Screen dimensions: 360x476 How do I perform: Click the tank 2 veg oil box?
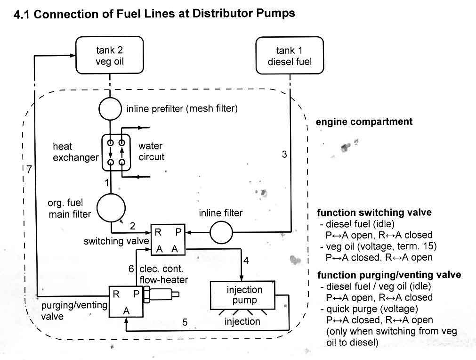click(x=110, y=56)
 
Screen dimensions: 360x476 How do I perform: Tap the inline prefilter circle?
click(x=110, y=109)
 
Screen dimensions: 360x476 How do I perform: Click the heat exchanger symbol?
click(x=116, y=152)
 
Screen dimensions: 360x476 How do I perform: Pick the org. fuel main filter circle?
click(x=111, y=208)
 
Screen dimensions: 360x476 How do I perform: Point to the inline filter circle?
click(x=220, y=232)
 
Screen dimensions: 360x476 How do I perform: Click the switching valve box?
click(x=167, y=240)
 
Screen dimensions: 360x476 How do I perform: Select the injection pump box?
click(x=244, y=295)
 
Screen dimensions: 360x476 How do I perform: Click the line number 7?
click(x=29, y=170)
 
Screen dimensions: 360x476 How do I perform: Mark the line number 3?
click(x=284, y=154)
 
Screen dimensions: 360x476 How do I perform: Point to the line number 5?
click(x=185, y=323)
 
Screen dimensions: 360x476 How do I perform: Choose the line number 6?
click(x=131, y=269)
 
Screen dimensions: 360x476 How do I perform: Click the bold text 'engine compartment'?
click(x=364, y=122)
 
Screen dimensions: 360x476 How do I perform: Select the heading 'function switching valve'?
click(x=374, y=213)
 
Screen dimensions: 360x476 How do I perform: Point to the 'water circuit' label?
click(x=151, y=152)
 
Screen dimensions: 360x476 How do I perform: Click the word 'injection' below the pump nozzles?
click(x=242, y=321)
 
